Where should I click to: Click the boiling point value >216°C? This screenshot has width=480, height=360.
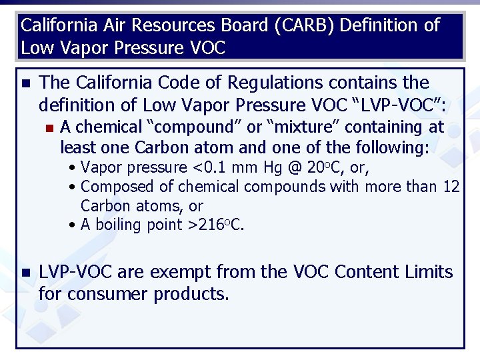217,225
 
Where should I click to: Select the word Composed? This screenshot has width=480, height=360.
107,187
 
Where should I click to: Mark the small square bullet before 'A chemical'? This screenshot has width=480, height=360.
47,127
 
